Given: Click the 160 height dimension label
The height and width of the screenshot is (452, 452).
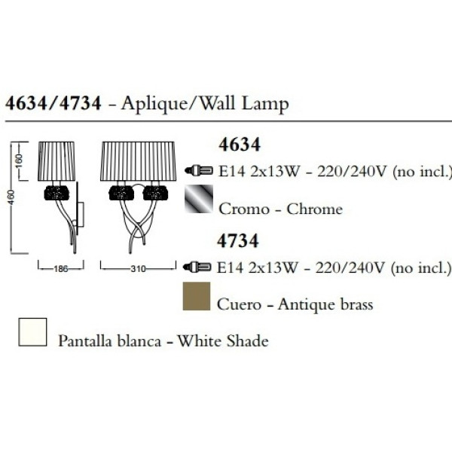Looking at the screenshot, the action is click(x=18, y=162).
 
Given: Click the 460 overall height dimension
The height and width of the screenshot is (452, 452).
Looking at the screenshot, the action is click(x=11, y=197).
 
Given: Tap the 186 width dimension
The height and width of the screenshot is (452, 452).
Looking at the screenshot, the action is click(x=61, y=269).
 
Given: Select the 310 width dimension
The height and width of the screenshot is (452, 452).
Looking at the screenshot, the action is click(x=138, y=269).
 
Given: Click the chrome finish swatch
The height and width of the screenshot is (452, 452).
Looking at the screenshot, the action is click(x=199, y=199).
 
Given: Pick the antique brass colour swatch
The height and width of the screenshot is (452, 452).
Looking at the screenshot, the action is click(x=197, y=296).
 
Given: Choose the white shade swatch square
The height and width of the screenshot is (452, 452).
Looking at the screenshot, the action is click(x=32, y=331).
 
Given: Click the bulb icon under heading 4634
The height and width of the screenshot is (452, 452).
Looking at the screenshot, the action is click(x=199, y=170).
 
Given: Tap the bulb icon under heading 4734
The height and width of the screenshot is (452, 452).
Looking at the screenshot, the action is click(x=197, y=267).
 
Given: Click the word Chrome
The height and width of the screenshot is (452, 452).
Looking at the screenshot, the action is click(x=314, y=209).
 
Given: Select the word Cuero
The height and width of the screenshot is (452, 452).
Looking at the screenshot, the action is click(x=239, y=304).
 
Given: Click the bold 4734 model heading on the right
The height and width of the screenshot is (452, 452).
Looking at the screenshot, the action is click(x=238, y=241).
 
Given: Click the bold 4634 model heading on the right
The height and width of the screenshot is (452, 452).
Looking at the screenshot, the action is click(x=240, y=145).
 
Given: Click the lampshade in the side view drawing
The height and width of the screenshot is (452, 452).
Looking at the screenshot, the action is click(x=56, y=161).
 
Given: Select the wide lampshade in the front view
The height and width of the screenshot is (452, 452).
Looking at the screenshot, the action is click(x=138, y=161).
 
